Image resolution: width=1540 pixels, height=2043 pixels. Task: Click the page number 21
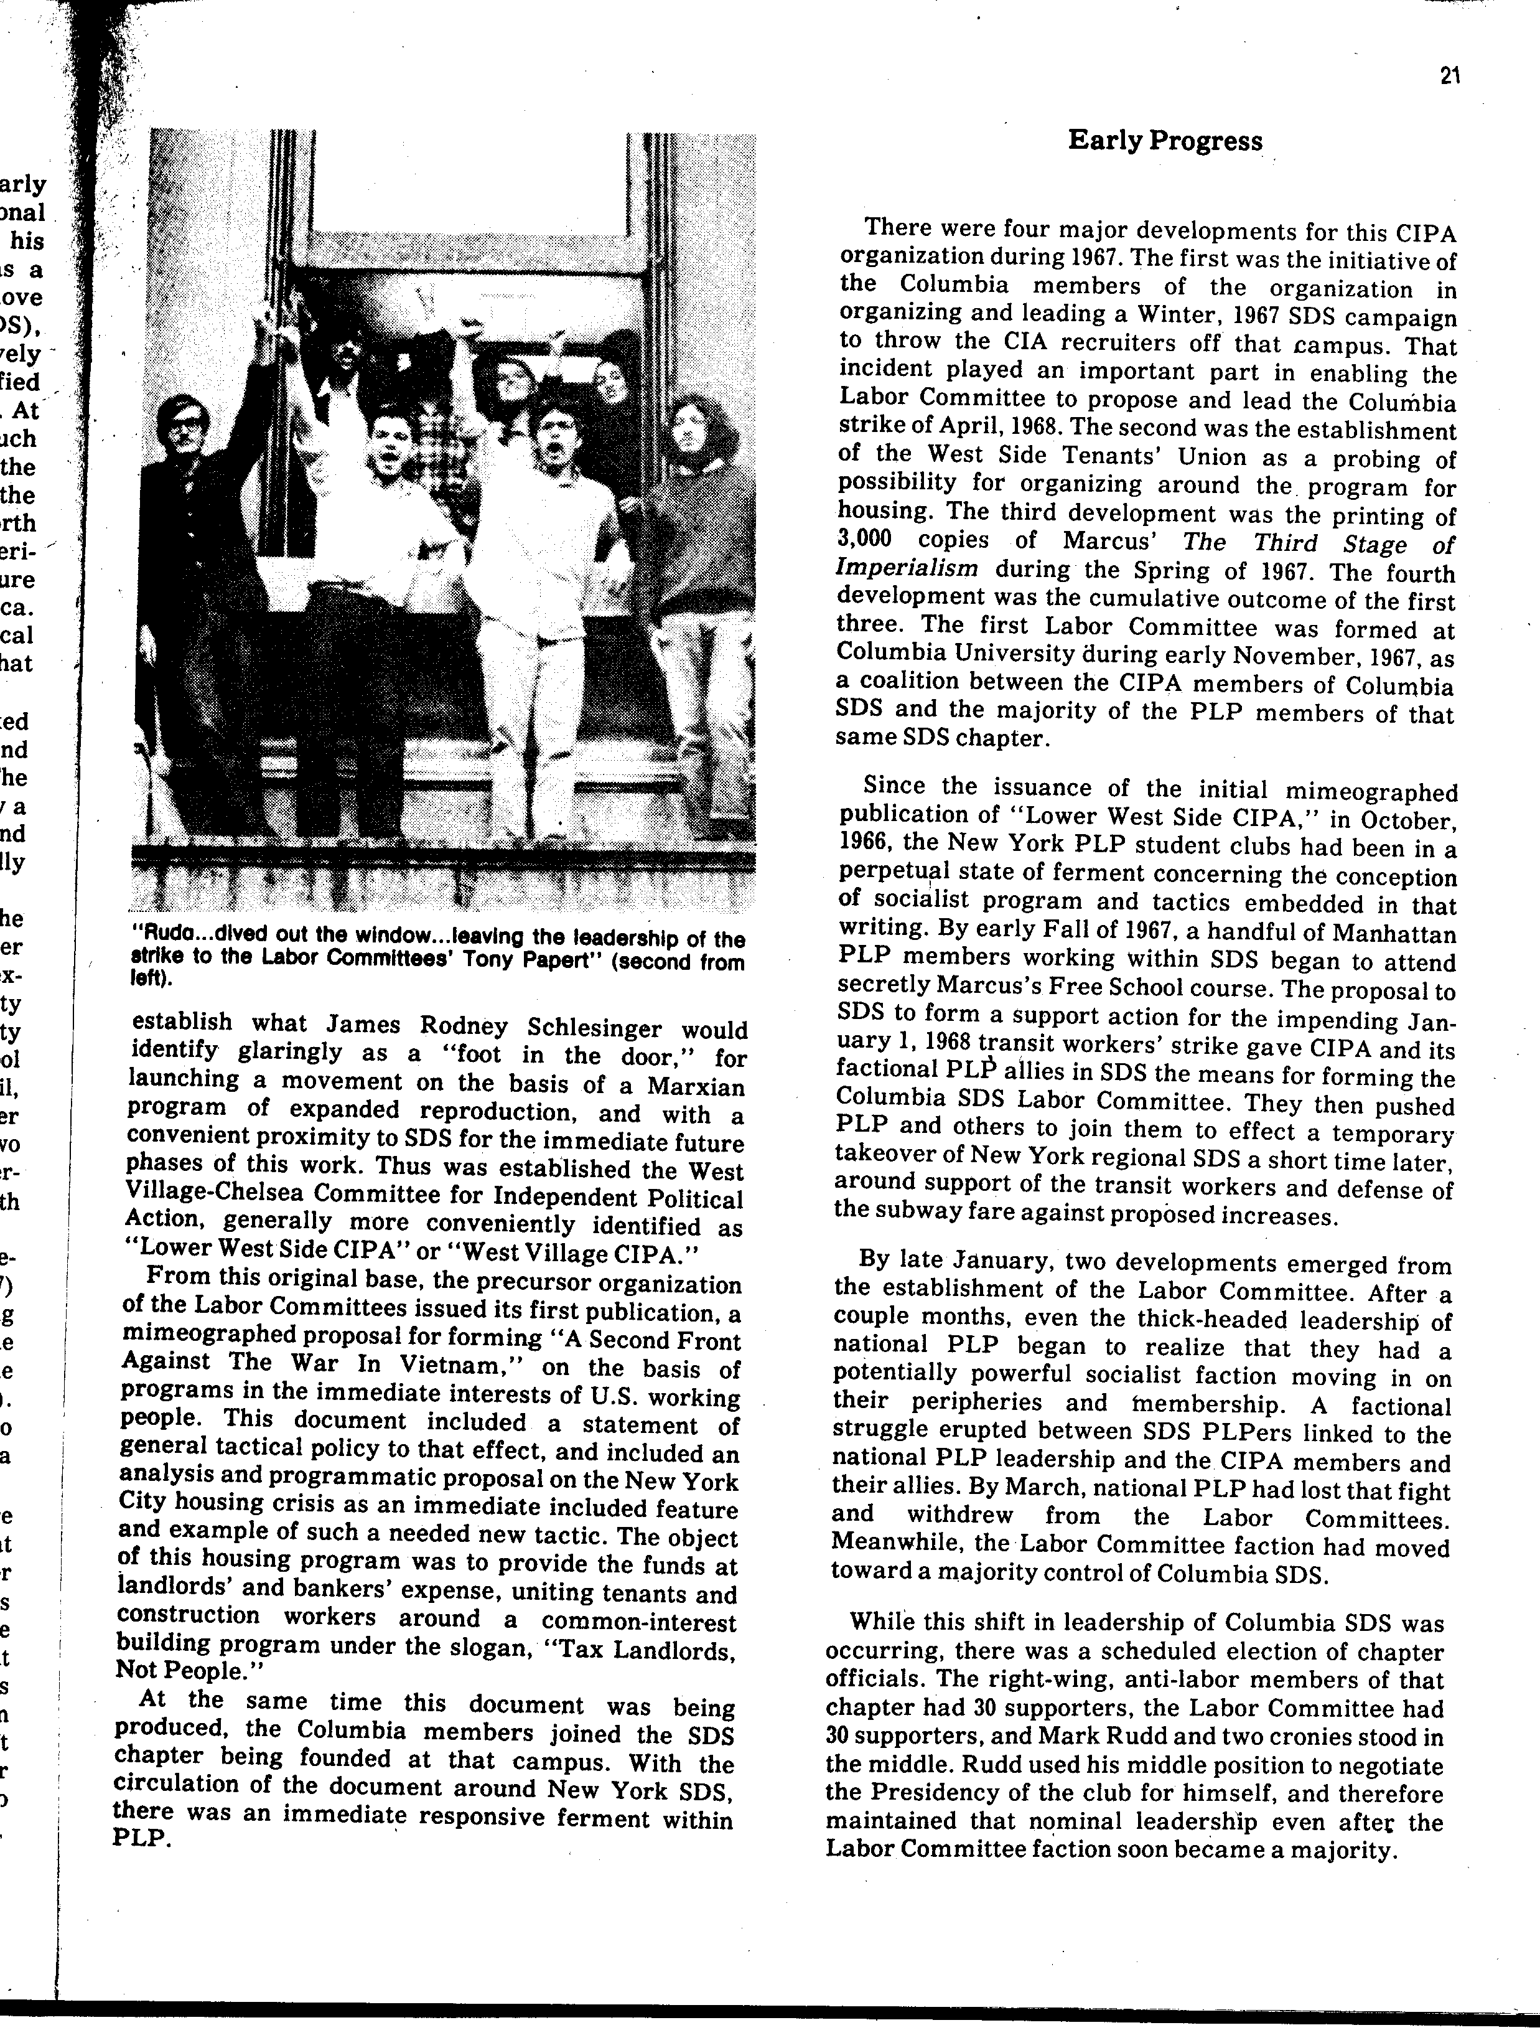(x=1449, y=78)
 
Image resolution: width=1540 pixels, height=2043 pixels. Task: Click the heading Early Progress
(x=1165, y=141)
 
